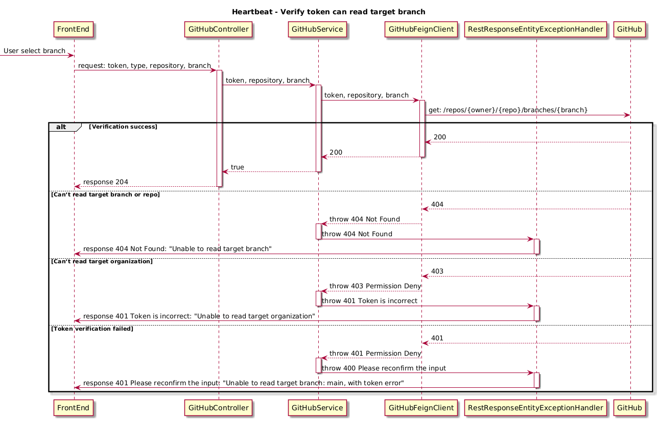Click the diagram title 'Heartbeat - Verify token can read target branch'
point(328,12)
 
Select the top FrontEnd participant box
point(73,30)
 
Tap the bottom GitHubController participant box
point(218,408)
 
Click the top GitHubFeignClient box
point(421,30)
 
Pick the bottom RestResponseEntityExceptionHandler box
point(535,408)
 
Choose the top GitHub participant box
point(629,30)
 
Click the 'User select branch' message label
point(34,51)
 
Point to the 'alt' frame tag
point(61,127)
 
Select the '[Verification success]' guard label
point(123,127)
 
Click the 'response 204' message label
point(106,182)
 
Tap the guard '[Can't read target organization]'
point(102,261)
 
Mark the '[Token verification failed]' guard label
point(92,329)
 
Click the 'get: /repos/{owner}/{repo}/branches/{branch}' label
point(508,110)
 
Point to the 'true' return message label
point(238,167)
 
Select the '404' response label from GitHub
point(437,205)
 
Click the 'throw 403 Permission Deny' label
point(375,286)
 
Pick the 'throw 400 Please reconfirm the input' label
point(384,368)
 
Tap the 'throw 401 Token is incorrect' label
point(369,301)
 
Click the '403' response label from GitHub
point(437,271)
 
